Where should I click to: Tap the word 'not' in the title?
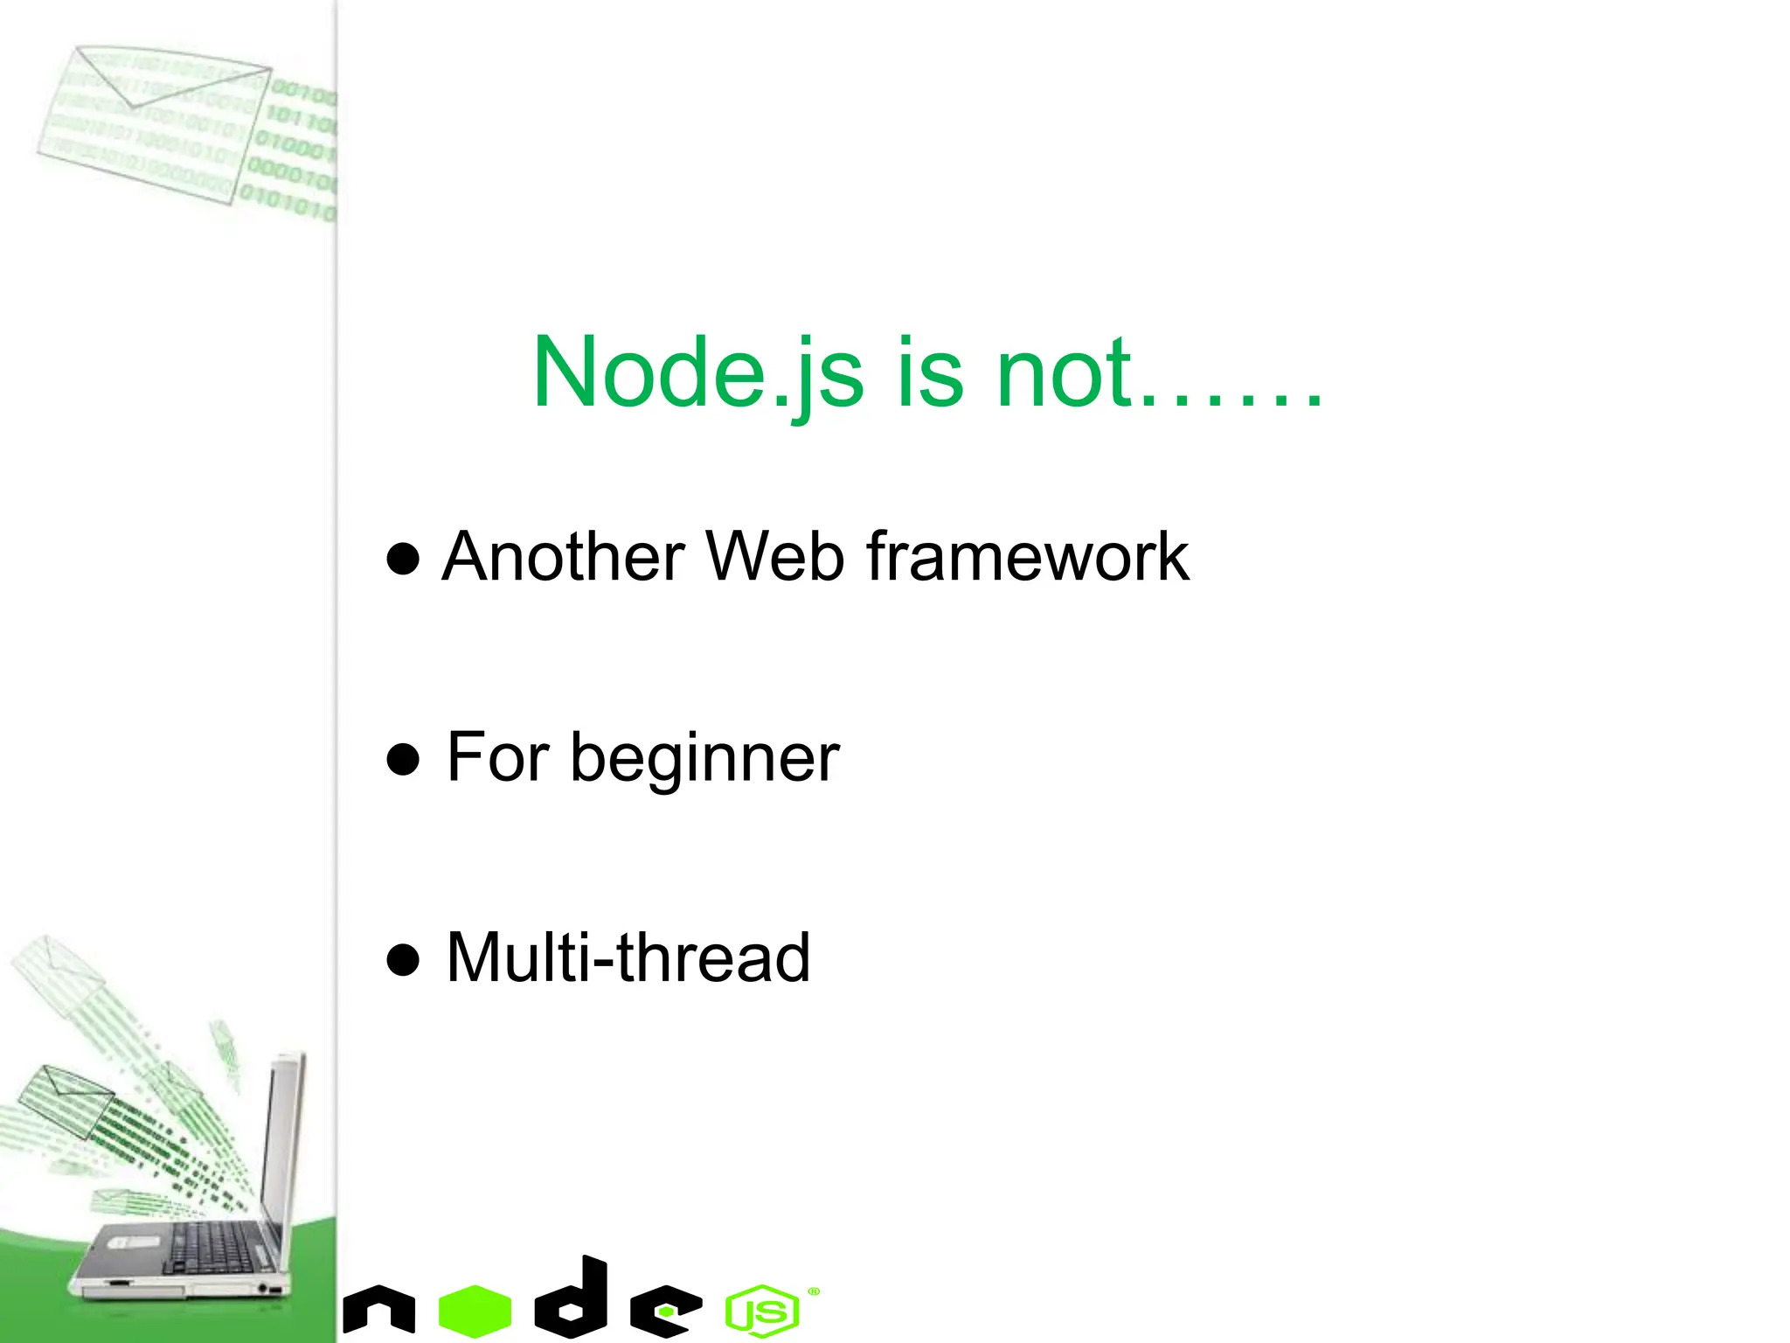(1064, 374)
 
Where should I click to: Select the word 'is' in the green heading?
(930, 374)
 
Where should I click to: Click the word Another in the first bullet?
(564, 557)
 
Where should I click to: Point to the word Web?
(775, 557)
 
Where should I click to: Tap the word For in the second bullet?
(498, 757)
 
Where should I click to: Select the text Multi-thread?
(628, 958)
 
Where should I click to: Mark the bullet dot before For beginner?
(403, 760)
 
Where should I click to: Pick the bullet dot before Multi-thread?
(403, 960)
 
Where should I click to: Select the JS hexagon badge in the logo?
(762, 1311)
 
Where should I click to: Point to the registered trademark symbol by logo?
(814, 1291)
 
